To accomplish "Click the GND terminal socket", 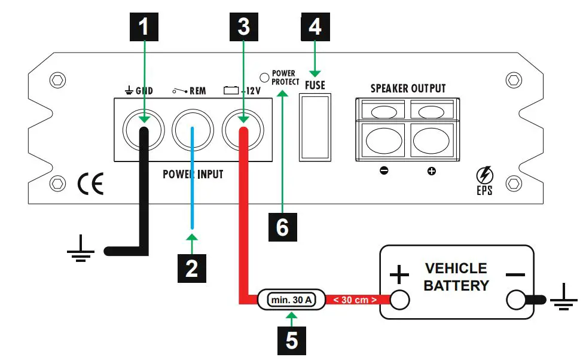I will [x=144, y=127].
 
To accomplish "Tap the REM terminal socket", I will [x=193, y=127].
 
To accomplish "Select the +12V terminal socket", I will [x=243, y=127].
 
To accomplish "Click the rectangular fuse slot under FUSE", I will [x=315, y=127].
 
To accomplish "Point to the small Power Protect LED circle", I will [x=264, y=77].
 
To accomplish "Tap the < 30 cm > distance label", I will [x=355, y=300].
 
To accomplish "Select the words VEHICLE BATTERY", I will [x=456, y=277].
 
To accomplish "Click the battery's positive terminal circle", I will [x=399, y=300].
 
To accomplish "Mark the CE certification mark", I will [x=90, y=184].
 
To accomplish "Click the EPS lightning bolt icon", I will [x=484, y=176].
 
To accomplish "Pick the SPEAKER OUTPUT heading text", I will [x=408, y=89].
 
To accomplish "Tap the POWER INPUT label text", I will [x=193, y=174].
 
